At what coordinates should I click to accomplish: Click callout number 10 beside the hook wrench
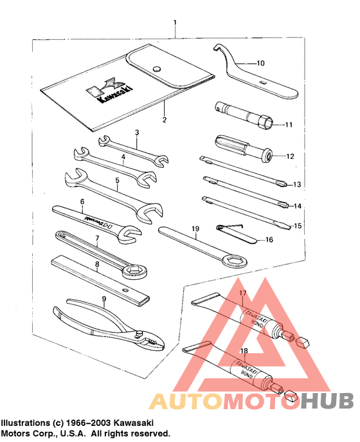pos(260,64)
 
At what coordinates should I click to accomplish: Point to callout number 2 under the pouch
pos(164,120)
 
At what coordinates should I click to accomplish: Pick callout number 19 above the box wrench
pos(195,228)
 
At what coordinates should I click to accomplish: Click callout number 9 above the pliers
pos(103,299)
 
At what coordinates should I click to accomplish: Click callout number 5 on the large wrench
pos(117,181)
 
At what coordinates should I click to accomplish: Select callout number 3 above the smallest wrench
pos(137,133)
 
